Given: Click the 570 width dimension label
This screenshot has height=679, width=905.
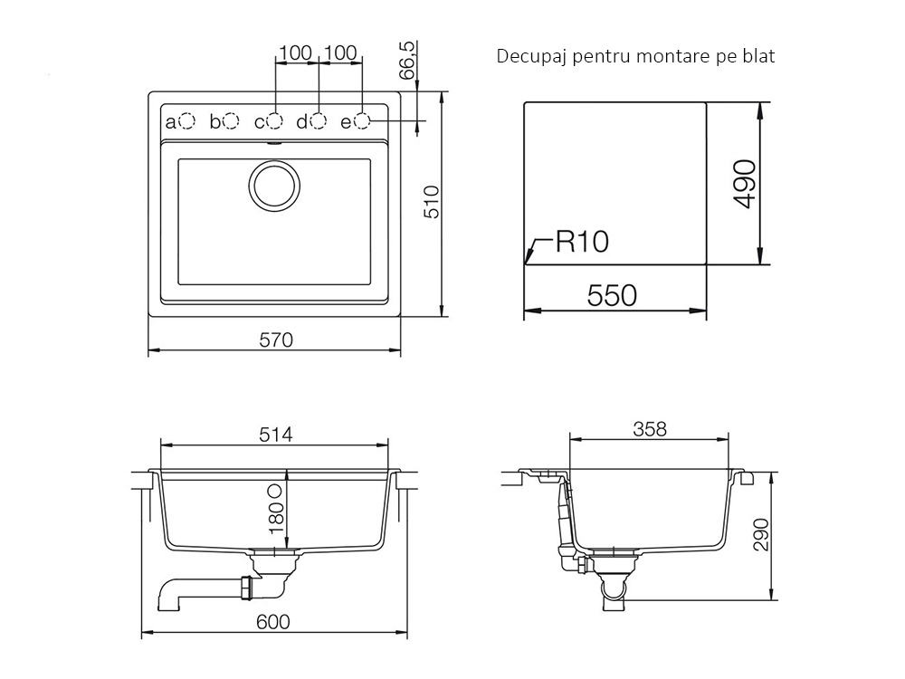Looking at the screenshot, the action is [276, 340].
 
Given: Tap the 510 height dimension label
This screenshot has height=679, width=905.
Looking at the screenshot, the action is [432, 202].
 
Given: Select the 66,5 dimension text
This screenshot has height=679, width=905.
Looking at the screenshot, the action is [407, 60].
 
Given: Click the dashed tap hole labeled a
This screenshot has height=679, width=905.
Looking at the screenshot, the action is [187, 121].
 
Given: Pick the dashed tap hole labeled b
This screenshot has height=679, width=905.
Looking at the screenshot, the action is [231, 121].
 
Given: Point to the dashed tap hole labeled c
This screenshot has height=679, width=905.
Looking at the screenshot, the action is [275, 121].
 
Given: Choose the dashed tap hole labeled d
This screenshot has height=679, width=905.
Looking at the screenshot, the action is [318, 121].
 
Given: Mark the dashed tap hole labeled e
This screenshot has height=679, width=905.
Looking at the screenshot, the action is [362, 121].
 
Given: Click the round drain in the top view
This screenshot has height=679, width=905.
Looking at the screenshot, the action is [275, 186].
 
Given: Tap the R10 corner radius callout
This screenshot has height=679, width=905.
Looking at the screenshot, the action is [582, 242].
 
